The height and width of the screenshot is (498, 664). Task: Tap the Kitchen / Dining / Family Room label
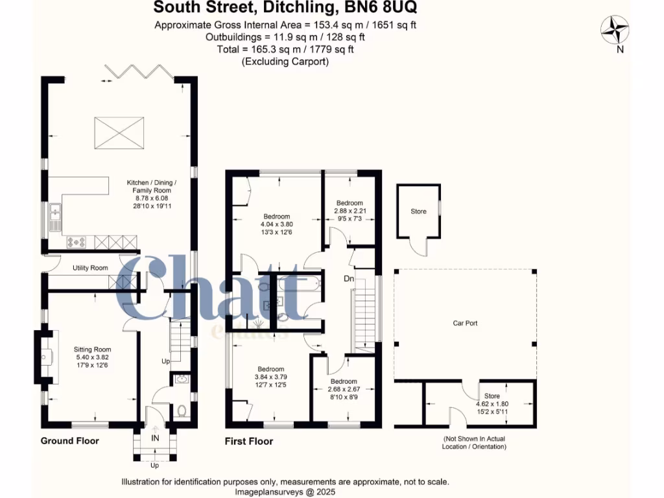click(x=151, y=191)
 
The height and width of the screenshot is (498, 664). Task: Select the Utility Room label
click(x=89, y=267)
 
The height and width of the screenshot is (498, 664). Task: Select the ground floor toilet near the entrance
click(x=182, y=410)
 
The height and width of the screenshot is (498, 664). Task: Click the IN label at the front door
click(x=155, y=439)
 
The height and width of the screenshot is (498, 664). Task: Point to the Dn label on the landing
click(x=348, y=278)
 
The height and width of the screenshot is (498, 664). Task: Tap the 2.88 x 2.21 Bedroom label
click(x=350, y=203)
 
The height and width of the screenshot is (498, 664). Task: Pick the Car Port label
click(x=466, y=322)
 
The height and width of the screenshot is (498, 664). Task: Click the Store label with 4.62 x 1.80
click(x=492, y=396)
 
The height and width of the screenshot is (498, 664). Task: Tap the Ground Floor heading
click(x=70, y=441)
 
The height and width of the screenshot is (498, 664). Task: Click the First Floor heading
click(x=248, y=442)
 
